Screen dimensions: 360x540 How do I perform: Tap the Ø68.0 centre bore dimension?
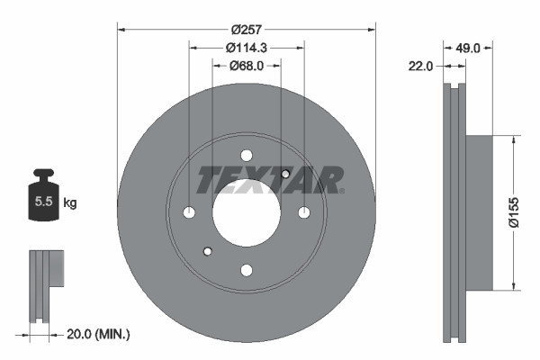pos(246,66)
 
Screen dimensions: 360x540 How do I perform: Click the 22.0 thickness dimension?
pos(422,66)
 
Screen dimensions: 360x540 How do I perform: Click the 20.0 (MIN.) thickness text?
pos(99,334)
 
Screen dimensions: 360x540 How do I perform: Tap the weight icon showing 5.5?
pos(42,198)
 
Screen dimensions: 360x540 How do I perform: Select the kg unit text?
pos(70,203)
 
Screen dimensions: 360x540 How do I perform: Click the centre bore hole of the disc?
pos(246,212)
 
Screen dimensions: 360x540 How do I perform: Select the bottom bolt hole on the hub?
pos(246,269)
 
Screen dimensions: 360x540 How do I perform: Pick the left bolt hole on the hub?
pos(189,212)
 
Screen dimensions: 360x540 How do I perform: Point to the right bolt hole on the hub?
pos(303,212)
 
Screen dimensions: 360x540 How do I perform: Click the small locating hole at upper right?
pos(285,174)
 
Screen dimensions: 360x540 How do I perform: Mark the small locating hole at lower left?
pos(207,251)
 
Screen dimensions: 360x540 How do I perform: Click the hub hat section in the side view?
pos(479,212)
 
